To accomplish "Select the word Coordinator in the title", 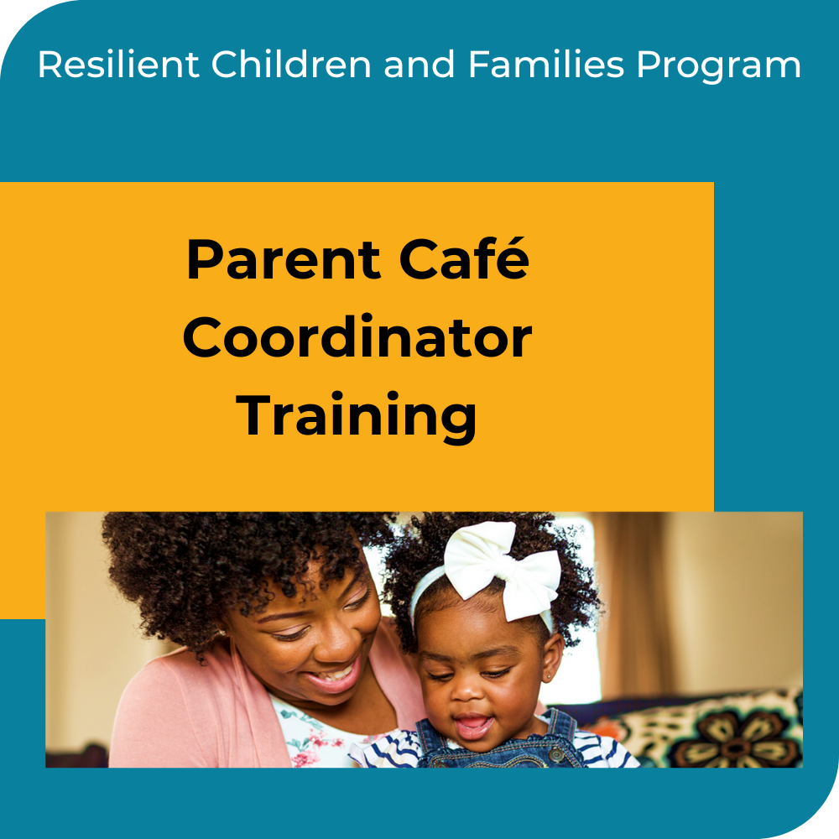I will [357, 338].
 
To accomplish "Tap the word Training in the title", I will [357, 417].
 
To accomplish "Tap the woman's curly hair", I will [210, 571].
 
